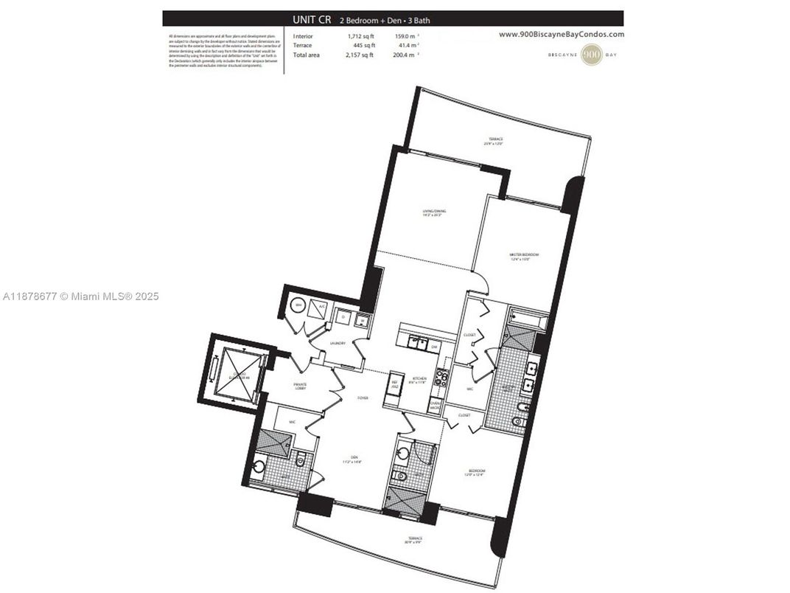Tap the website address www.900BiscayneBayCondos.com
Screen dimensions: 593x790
[561, 34]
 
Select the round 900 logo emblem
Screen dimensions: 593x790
[591, 55]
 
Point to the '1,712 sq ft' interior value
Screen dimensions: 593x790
[360, 36]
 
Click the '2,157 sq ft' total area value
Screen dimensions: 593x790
[360, 55]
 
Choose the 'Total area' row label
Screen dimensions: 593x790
[307, 55]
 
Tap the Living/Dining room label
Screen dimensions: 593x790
[433, 213]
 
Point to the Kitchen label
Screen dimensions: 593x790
[418, 378]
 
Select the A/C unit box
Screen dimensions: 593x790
[321, 308]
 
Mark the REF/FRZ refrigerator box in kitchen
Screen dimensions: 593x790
[394, 384]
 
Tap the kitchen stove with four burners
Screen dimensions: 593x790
[441, 378]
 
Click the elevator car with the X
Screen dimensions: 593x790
[236, 369]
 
